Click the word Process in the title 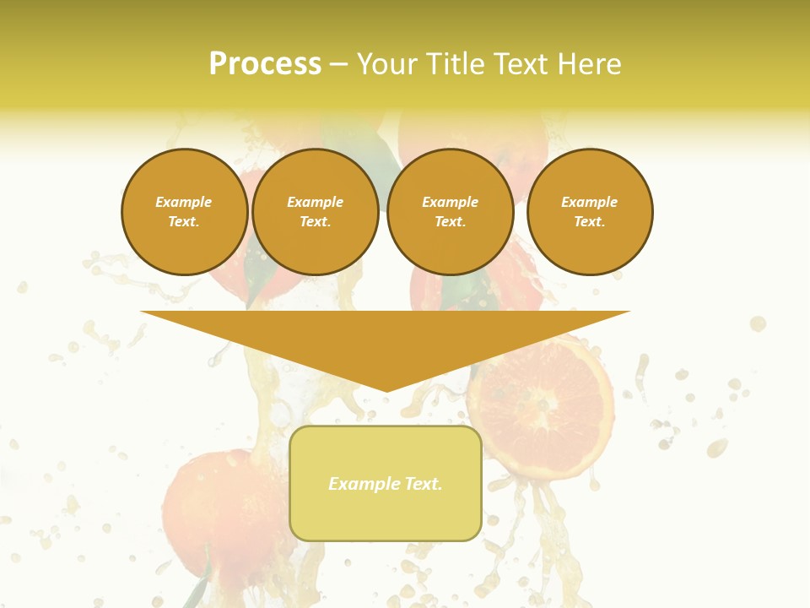[x=265, y=64]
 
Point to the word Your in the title [x=387, y=64]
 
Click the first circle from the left [x=185, y=212]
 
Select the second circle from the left [x=316, y=212]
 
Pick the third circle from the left [x=451, y=212]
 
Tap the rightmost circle [x=590, y=212]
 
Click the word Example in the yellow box [x=364, y=484]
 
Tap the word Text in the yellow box [x=423, y=484]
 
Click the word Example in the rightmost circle [x=590, y=202]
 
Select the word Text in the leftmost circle [x=183, y=222]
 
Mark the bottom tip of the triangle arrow [x=386, y=391]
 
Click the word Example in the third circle [x=451, y=202]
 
